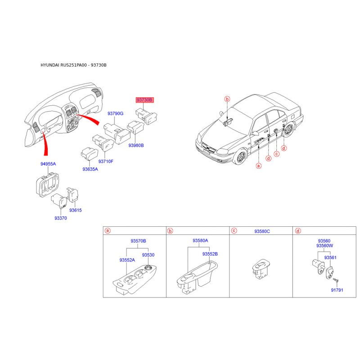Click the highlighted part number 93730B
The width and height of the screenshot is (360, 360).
[x=144, y=100]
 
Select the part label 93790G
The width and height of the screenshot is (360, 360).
[x=115, y=113]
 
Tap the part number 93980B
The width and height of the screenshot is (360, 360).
[x=136, y=145]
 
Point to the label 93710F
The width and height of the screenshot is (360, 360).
[x=106, y=162]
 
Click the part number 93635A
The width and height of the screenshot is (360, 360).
[x=90, y=169]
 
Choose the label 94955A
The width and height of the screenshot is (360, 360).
[x=48, y=164]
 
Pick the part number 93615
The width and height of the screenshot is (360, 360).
[x=75, y=210]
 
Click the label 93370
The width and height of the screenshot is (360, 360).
[x=61, y=218]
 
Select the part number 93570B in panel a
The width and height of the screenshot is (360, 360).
[x=138, y=241]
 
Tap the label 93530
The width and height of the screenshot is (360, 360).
[x=148, y=255]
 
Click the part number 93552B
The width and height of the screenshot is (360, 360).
[x=210, y=254]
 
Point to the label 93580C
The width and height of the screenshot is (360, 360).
[x=262, y=231]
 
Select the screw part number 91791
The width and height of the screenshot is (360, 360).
[x=337, y=290]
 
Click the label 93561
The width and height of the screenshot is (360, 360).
[x=330, y=257]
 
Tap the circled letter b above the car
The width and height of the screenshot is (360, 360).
[x=227, y=99]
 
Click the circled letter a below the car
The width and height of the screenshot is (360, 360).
[x=259, y=166]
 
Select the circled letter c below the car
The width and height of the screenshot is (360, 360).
[x=277, y=154]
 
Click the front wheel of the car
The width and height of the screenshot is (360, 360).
[x=241, y=157]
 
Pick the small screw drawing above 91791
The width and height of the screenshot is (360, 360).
[x=336, y=280]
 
